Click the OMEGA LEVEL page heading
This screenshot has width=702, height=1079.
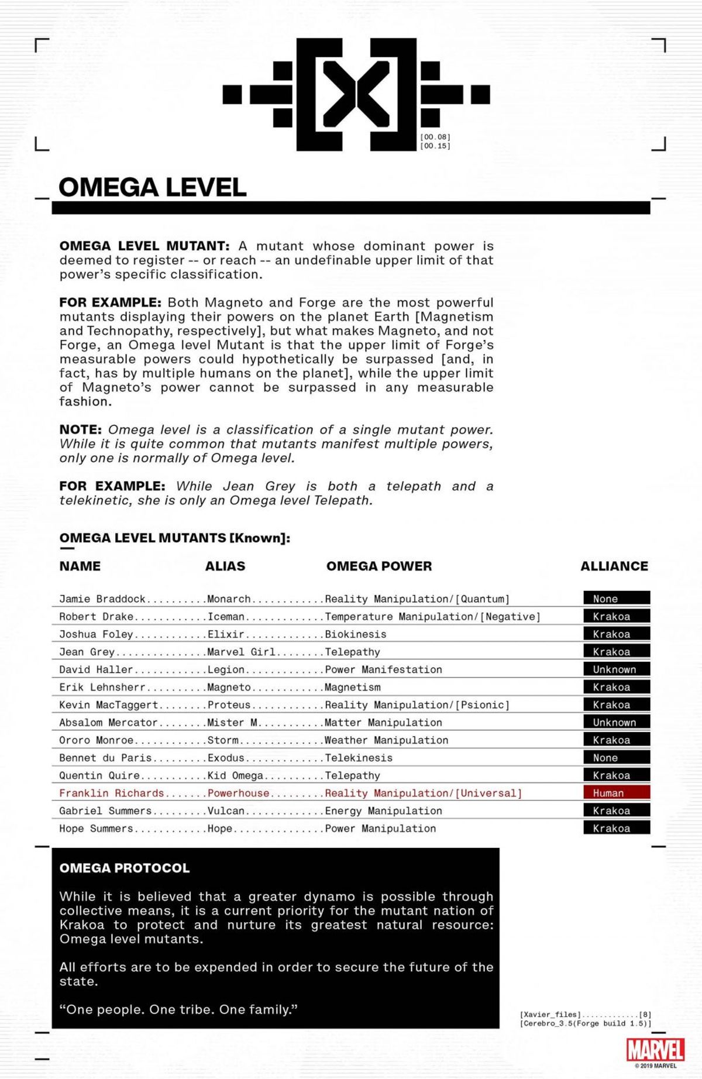pos(152,187)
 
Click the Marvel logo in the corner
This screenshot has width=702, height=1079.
pos(655,1050)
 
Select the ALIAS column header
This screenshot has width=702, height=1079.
pos(225,566)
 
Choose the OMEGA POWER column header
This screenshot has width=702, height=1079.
pos(379,566)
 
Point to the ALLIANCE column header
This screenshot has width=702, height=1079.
pos(614,566)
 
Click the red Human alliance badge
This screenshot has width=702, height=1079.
pos(617,793)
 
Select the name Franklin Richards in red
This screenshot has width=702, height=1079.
pos(112,793)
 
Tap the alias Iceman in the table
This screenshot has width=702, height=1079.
pos(226,616)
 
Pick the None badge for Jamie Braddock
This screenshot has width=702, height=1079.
pos(617,599)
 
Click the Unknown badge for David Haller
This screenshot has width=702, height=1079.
pos(617,669)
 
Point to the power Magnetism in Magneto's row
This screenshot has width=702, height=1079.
pos(353,687)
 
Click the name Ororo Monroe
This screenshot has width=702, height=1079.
pos(97,740)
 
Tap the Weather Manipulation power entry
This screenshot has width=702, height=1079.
pos(387,740)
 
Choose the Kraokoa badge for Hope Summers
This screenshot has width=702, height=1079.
pos(617,828)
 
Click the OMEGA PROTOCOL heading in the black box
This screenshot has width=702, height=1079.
pos(125,868)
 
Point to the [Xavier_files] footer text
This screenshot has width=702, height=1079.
pos(550,1014)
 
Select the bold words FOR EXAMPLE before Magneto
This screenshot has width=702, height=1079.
pos(110,303)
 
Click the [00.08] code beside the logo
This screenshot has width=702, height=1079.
pos(435,137)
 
